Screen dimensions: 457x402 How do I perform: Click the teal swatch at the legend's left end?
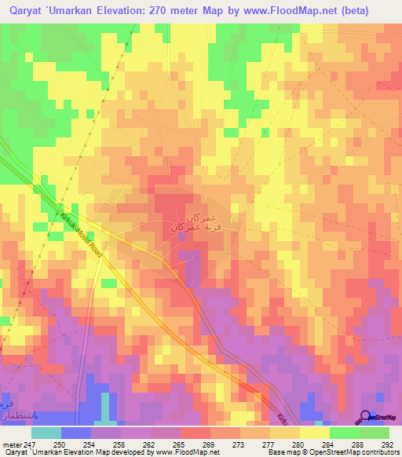click(46, 433)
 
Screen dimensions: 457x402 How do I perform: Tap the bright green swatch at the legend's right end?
click(374, 433)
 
